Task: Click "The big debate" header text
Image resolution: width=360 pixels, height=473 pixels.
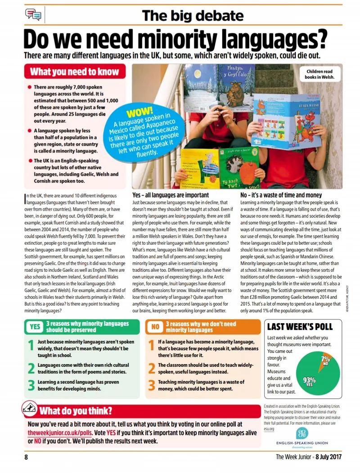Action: click(193, 16)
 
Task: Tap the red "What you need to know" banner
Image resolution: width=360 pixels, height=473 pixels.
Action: click(75, 72)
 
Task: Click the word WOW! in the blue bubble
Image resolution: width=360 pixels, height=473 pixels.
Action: click(140, 111)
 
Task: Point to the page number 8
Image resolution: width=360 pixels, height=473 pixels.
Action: click(26, 457)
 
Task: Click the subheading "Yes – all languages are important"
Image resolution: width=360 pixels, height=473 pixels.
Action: click(171, 195)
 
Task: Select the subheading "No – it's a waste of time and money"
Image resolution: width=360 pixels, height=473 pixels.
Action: click(281, 195)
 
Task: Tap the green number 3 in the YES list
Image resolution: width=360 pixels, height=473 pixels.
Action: click(31, 385)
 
